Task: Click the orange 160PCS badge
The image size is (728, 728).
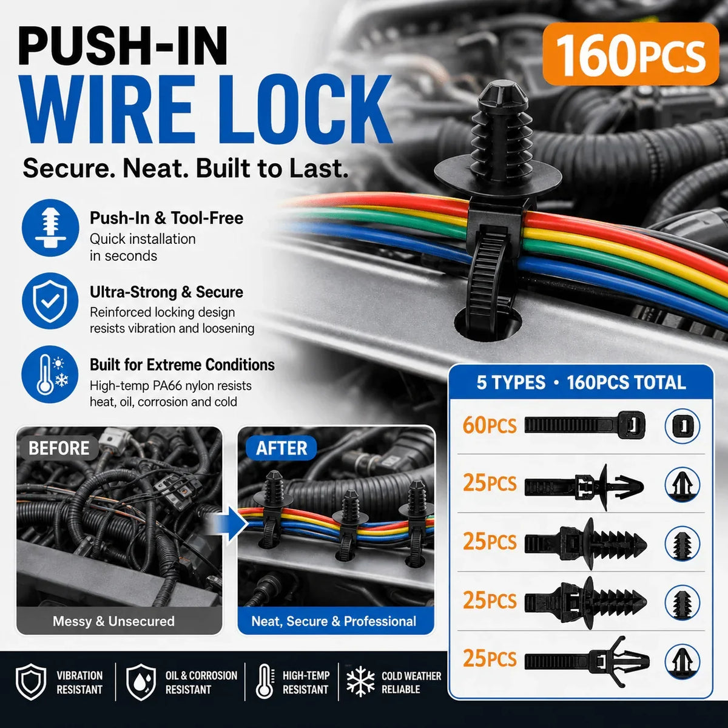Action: point(630,54)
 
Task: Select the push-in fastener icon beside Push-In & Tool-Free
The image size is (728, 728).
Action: point(50,228)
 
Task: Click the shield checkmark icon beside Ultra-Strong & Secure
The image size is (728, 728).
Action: point(50,301)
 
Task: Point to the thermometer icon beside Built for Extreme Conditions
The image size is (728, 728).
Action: point(50,374)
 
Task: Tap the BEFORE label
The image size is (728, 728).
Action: point(59,448)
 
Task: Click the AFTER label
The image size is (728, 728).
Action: point(281,448)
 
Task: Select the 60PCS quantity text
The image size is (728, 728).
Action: point(489,425)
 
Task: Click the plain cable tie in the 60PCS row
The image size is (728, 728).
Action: point(585,425)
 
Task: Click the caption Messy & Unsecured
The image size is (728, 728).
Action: point(113,621)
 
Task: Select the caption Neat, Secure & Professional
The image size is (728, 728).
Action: point(334,621)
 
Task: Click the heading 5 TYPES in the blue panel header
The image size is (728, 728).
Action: point(511,382)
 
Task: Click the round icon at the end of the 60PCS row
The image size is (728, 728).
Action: point(682,426)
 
